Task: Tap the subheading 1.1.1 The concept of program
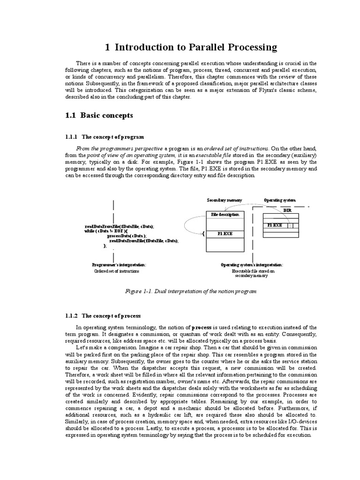pos(104,137)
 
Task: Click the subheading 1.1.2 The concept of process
pos(103,316)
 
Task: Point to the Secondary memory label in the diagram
pos(225,200)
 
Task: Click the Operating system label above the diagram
pos(280,200)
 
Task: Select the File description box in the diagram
pos(225,214)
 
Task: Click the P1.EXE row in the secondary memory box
pos(225,233)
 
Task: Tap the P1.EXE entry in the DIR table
pos(275,225)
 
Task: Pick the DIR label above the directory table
pos(287,210)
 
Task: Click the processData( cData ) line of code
pos(127,236)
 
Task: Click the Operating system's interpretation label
pos(252,265)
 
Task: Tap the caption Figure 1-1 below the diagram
pos(191,291)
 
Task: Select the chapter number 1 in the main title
pos(107,47)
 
